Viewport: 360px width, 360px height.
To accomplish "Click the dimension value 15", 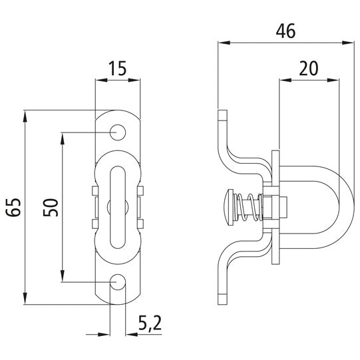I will tap(117, 69).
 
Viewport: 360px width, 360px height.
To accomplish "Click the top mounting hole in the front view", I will tap(118, 132).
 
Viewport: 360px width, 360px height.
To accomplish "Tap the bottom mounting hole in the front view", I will tap(118, 283).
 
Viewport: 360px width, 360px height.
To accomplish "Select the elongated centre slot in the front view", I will tap(118, 207).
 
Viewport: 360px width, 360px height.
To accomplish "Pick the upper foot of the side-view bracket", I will tap(223, 123).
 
